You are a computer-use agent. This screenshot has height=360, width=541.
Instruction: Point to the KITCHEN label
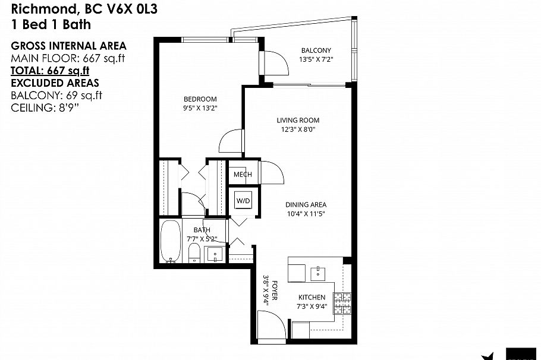point(312,297)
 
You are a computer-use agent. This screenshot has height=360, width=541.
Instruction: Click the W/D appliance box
point(244,201)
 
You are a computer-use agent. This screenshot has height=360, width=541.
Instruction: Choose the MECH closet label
point(242,174)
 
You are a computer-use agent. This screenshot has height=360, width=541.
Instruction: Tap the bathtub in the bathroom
point(171,242)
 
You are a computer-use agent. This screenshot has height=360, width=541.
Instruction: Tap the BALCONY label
point(316,50)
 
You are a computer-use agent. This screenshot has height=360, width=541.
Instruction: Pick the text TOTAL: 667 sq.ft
point(49,71)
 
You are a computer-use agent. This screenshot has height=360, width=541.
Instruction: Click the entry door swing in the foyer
point(268,327)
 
